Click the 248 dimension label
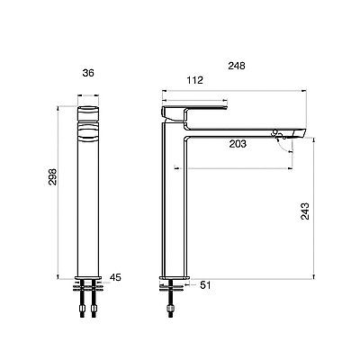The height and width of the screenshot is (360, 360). (x=237, y=66)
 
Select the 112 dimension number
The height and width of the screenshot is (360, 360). (x=195, y=80)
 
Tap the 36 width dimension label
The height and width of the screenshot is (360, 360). (x=88, y=73)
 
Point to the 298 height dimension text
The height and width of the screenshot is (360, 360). (x=52, y=176)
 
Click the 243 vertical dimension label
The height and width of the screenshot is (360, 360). (x=305, y=211)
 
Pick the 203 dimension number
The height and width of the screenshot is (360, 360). (x=238, y=144)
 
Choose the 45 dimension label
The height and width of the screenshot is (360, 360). (x=115, y=277)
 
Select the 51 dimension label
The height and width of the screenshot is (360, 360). (x=205, y=285)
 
